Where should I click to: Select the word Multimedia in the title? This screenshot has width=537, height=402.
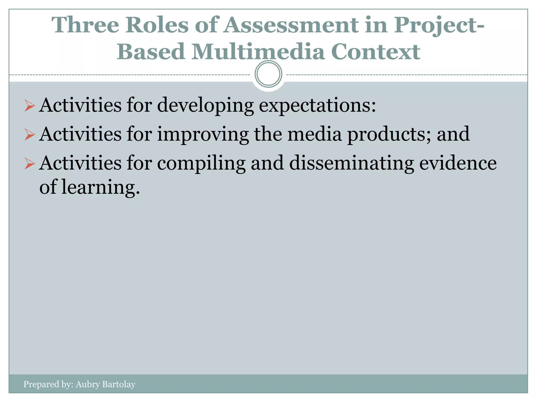point(258,52)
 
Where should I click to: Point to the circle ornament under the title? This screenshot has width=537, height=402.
point(268,74)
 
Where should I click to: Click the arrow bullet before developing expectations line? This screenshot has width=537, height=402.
point(30,106)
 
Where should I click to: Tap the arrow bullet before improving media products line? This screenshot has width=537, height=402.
point(30,135)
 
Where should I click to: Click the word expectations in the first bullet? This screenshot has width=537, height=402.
point(317,105)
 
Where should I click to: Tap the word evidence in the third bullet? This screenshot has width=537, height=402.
point(458,163)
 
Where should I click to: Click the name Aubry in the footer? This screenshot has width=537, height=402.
point(87,384)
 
